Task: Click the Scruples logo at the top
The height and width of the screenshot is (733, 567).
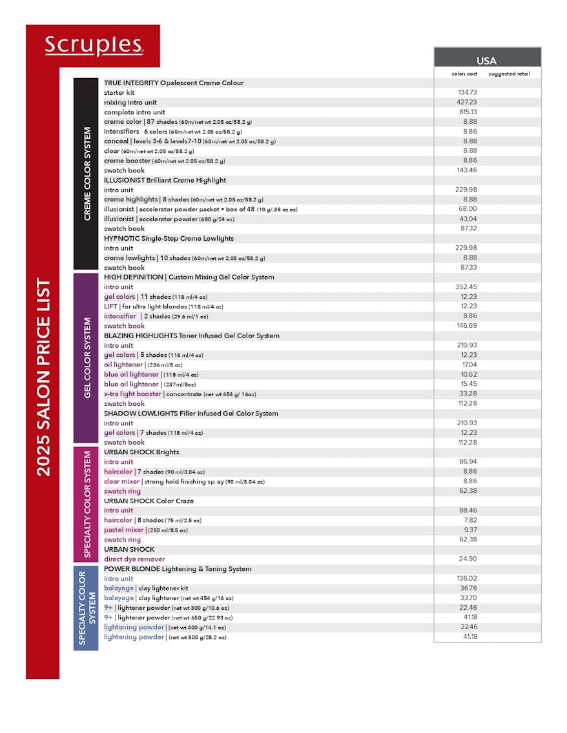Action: pyautogui.click(x=94, y=45)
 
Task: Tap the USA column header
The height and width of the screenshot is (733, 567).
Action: pyautogui.click(x=486, y=61)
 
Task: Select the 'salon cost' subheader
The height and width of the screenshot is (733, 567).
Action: pyautogui.click(x=464, y=74)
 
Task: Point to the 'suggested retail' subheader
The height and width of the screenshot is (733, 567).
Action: pyautogui.click(x=509, y=74)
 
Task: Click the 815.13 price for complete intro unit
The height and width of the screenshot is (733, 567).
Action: pyautogui.click(x=467, y=112)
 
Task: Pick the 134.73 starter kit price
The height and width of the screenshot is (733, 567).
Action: pyautogui.click(x=467, y=93)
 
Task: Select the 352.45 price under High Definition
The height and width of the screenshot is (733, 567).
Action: pyautogui.click(x=467, y=287)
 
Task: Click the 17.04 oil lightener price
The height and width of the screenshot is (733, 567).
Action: pyautogui.click(x=469, y=365)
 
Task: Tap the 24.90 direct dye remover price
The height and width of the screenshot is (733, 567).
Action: pyautogui.click(x=468, y=559)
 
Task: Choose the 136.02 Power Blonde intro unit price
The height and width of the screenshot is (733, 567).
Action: pyautogui.click(x=467, y=579)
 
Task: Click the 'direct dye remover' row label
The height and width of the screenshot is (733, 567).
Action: pyautogui.click(x=134, y=559)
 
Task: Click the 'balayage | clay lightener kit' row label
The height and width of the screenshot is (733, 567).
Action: pyautogui.click(x=146, y=588)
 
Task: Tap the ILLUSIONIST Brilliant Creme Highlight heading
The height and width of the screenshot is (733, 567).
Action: pyautogui.click(x=165, y=181)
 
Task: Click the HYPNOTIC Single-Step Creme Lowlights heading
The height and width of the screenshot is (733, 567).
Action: pyautogui.click(x=169, y=239)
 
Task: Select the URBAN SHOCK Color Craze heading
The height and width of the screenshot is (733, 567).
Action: pyautogui.click(x=149, y=501)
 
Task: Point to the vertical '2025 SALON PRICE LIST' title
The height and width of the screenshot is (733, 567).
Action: pyautogui.click(x=43, y=377)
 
